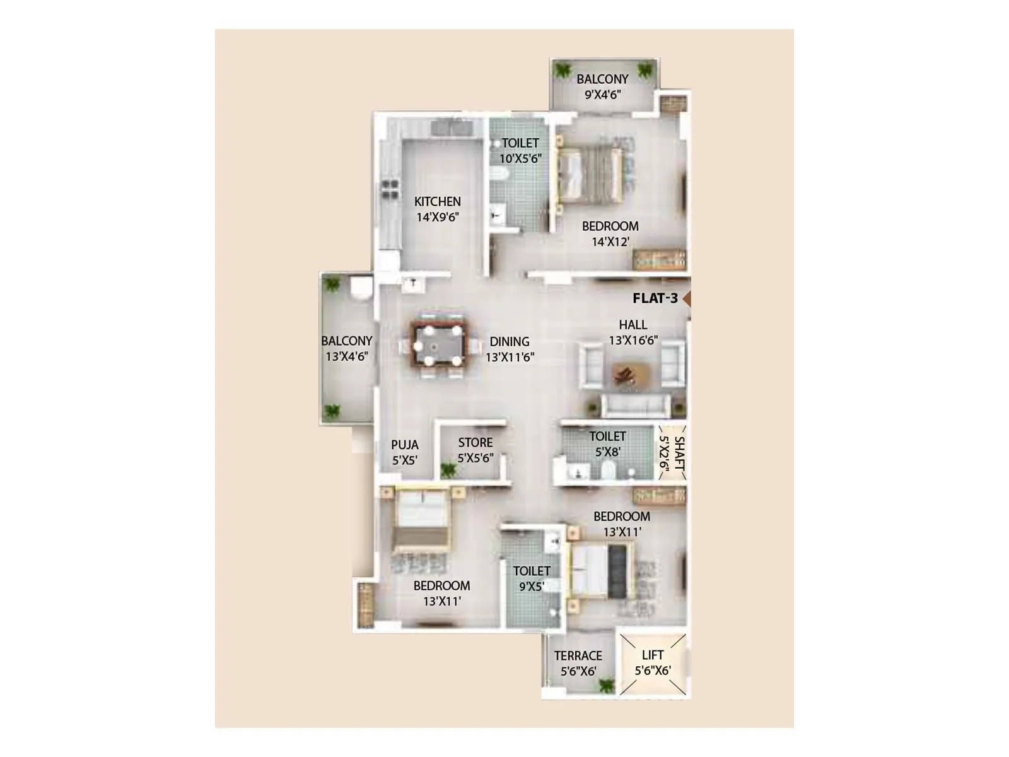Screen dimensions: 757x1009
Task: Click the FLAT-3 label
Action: (x=655, y=298)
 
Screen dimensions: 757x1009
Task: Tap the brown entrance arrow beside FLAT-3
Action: (x=687, y=299)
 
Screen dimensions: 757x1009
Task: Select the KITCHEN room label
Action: (x=437, y=202)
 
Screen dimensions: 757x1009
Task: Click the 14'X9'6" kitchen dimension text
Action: (x=437, y=217)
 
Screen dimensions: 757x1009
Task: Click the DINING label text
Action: (x=510, y=342)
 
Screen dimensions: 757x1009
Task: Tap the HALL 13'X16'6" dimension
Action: (x=633, y=341)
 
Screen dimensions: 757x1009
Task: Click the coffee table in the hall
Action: (x=626, y=374)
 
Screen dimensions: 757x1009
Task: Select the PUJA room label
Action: (x=405, y=445)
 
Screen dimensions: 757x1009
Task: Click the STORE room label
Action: (x=475, y=443)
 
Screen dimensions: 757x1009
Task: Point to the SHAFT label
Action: (x=679, y=453)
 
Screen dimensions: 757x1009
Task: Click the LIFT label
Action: (x=652, y=655)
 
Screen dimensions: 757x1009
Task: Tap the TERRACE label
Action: (x=578, y=656)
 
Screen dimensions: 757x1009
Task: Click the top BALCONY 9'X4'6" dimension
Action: (x=603, y=95)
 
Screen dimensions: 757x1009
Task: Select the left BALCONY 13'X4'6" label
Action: (x=347, y=341)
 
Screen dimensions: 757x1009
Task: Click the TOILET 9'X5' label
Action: (x=532, y=571)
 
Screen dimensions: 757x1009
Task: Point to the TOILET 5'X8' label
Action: (x=607, y=437)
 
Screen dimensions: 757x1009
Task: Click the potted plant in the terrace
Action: (x=606, y=685)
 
